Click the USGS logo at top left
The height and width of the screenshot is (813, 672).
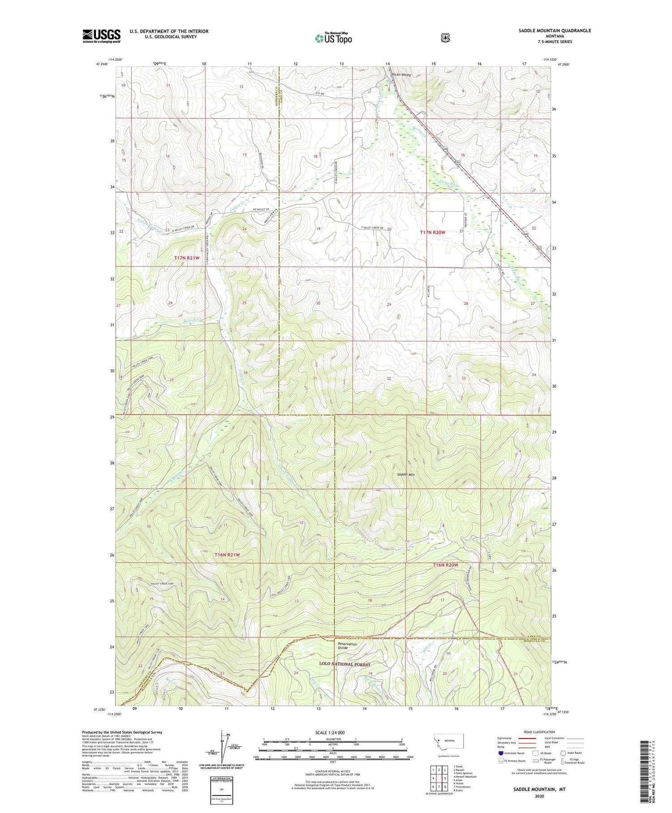pos(101,36)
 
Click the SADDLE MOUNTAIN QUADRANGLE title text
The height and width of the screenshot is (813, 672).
pos(552,30)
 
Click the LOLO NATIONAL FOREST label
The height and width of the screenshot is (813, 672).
pos(345,664)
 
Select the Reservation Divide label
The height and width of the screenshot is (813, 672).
pos(347,646)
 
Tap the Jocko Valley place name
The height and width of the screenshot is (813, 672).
pos(401,75)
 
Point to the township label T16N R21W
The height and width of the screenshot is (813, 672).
pos(227,555)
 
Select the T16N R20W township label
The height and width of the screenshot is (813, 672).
pos(445,565)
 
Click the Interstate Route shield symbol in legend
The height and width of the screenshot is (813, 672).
pos(501,753)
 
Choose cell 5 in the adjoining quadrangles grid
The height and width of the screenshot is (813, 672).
pos(444,778)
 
